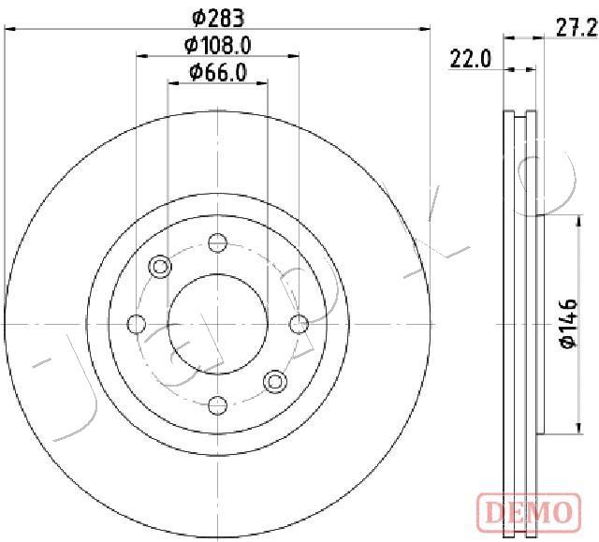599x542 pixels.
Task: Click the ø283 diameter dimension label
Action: pos(218,18)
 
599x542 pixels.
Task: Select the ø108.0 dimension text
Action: pos(218,46)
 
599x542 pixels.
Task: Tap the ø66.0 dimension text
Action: pos(218,73)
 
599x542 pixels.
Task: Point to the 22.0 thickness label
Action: pos(470,59)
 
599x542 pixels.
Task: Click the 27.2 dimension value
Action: pos(577,28)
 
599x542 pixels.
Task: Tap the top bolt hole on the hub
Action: pos(218,242)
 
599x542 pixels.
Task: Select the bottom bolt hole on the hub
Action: pos(218,405)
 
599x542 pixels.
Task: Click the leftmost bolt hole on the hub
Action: pos(137,324)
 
